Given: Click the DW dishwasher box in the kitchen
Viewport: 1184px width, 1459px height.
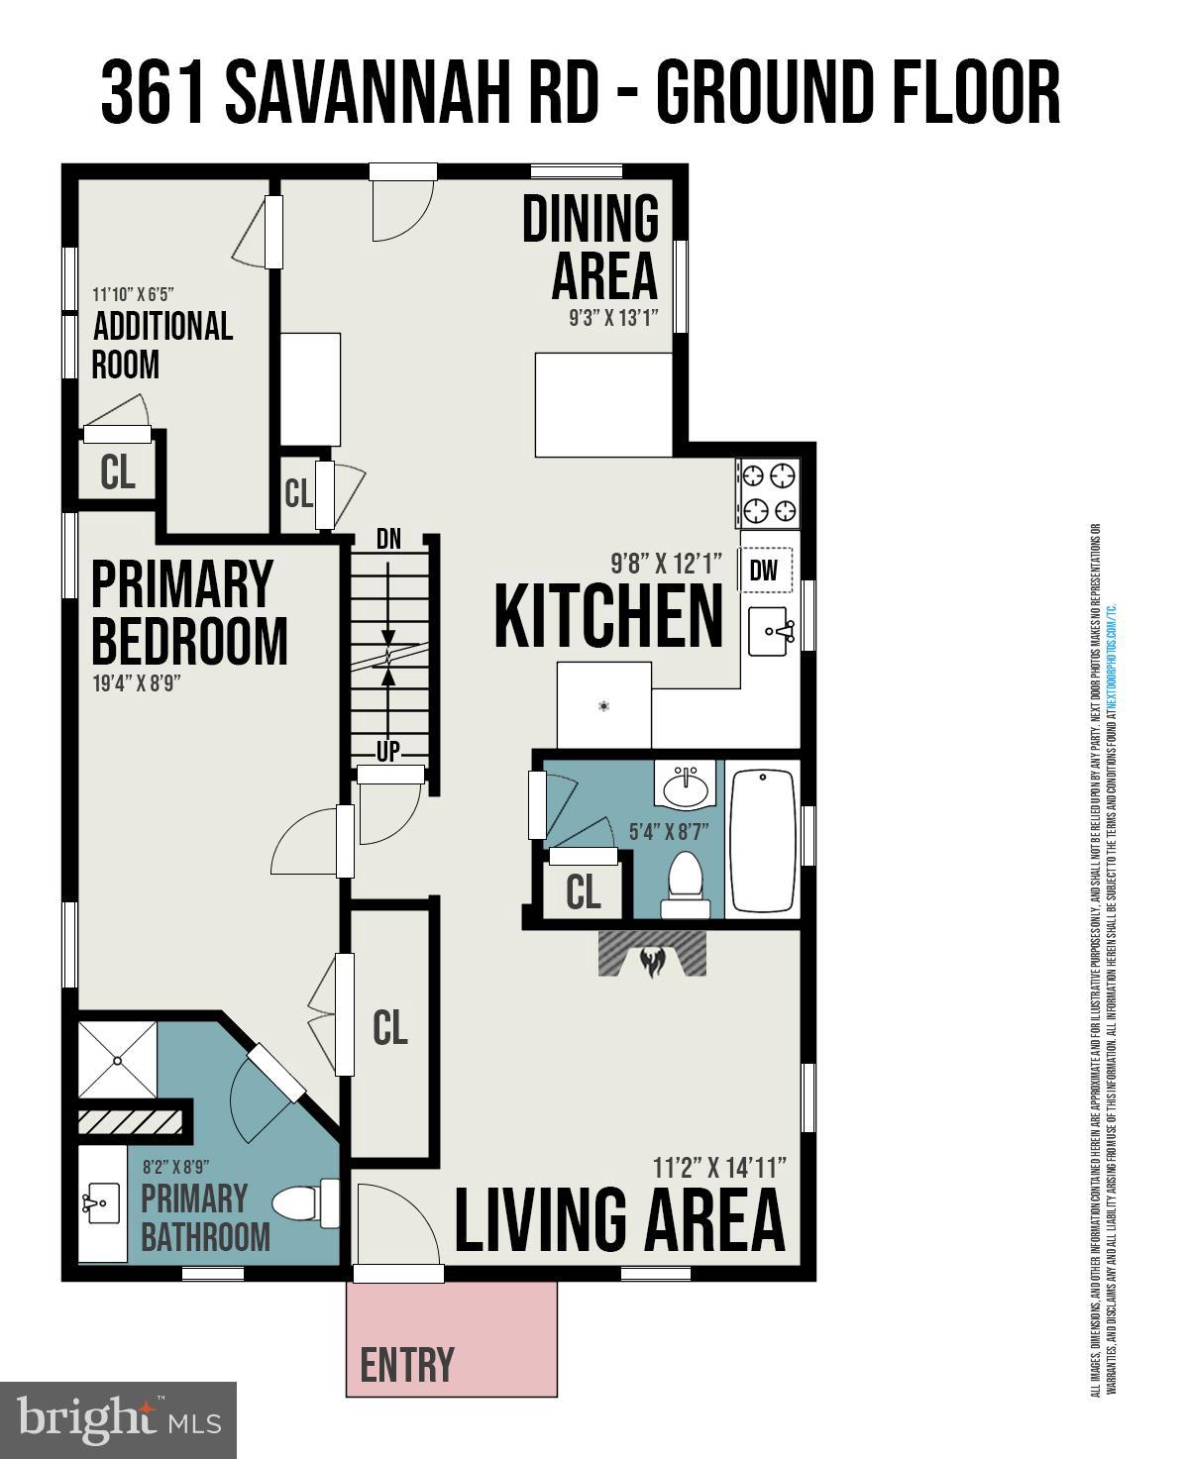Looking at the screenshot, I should click(764, 570).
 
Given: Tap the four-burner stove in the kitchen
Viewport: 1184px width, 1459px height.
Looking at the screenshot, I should click(769, 493).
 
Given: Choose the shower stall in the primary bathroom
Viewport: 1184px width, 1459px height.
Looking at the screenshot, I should click(117, 1060).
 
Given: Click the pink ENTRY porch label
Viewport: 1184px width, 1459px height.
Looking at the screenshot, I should click(407, 1364).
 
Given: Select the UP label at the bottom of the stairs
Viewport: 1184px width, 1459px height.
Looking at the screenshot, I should click(388, 752).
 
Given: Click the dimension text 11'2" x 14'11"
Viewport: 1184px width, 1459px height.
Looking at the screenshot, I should click(719, 1167).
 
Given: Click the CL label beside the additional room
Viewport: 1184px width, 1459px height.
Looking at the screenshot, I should click(118, 472).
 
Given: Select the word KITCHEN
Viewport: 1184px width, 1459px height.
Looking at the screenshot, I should click(608, 616).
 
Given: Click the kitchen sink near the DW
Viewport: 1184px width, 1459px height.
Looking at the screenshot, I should click(769, 631).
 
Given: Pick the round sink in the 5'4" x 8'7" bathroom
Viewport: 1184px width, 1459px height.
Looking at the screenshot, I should click(685, 789).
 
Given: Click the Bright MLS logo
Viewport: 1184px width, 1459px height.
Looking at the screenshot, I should click(118, 1419).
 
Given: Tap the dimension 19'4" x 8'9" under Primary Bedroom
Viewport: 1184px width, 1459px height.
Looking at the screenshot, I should click(136, 683).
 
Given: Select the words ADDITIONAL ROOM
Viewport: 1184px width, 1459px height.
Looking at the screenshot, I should click(161, 345).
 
